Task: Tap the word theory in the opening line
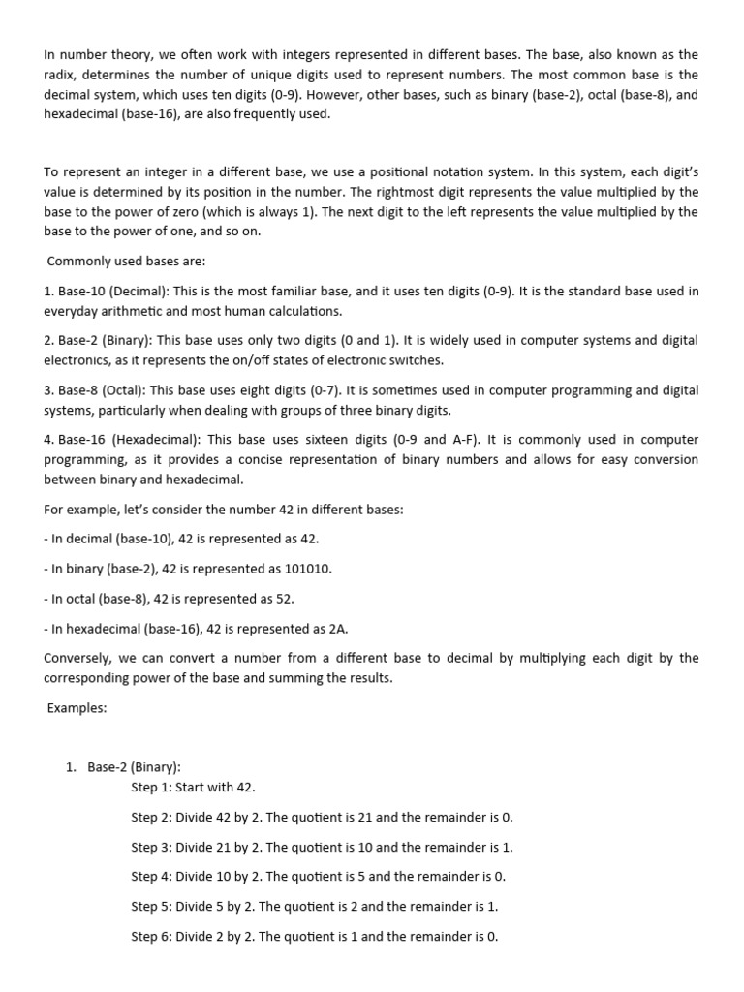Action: pyautogui.click(x=124, y=54)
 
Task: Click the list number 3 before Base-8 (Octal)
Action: pyautogui.click(x=48, y=390)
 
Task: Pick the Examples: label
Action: pyautogui.click(x=77, y=708)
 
